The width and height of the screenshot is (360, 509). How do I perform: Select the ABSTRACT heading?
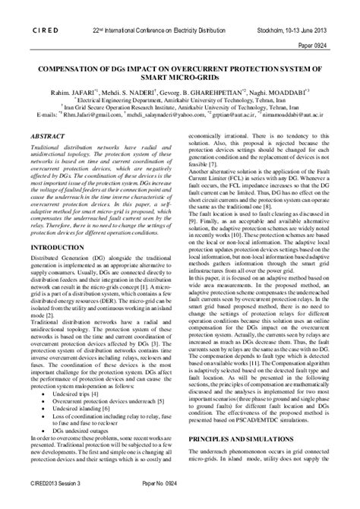click(x=49, y=135)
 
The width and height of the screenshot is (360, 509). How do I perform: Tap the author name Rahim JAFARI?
click(x=70, y=90)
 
